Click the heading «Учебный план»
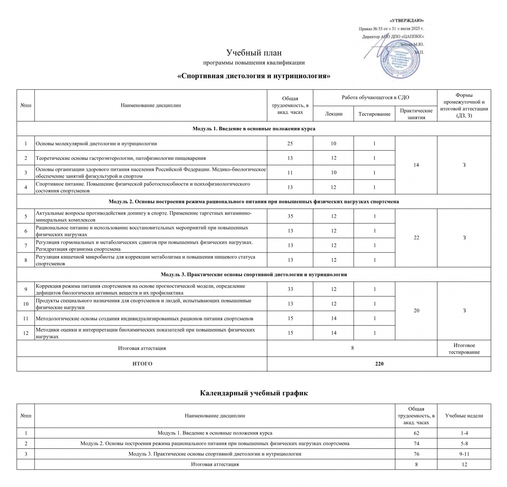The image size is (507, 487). (x=254, y=53)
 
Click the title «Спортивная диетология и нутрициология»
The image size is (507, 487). (x=254, y=76)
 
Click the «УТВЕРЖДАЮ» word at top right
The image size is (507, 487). (x=406, y=20)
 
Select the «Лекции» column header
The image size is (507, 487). (x=334, y=114)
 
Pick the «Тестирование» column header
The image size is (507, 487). (x=374, y=114)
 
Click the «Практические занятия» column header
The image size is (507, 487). (x=416, y=114)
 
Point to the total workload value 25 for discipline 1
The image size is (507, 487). (x=290, y=143)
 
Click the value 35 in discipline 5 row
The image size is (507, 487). (x=290, y=216)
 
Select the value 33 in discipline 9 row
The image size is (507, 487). (x=290, y=289)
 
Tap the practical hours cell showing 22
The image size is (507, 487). (x=416, y=238)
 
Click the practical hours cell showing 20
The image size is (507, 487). (x=416, y=311)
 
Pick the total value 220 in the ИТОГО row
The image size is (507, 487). (x=379, y=364)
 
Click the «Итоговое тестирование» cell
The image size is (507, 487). (x=464, y=349)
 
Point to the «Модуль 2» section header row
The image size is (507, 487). (x=254, y=202)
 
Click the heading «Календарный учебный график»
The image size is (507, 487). (x=254, y=393)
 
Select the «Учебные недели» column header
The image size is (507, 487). (x=464, y=416)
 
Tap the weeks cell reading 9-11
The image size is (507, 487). (x=464, y=454)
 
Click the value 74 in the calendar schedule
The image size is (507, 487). (x=416, y=444)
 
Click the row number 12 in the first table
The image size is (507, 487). (x=26, y=333)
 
